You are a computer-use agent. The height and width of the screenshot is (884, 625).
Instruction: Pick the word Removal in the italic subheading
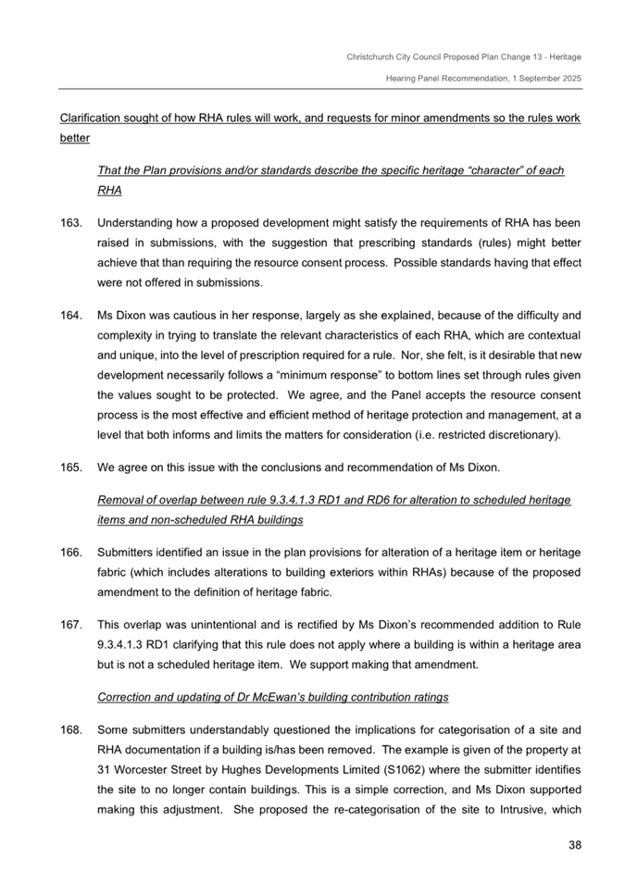click(x=120, y=501)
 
